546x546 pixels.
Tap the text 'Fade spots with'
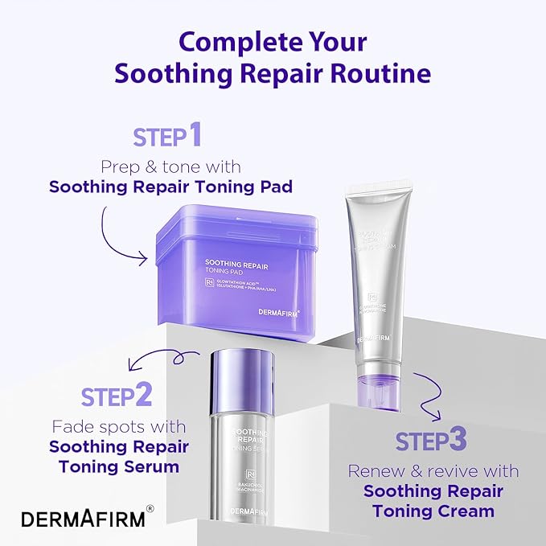(118, 426)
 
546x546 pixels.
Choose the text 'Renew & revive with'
(433, 471)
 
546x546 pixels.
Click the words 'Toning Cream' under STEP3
(433, 511)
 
